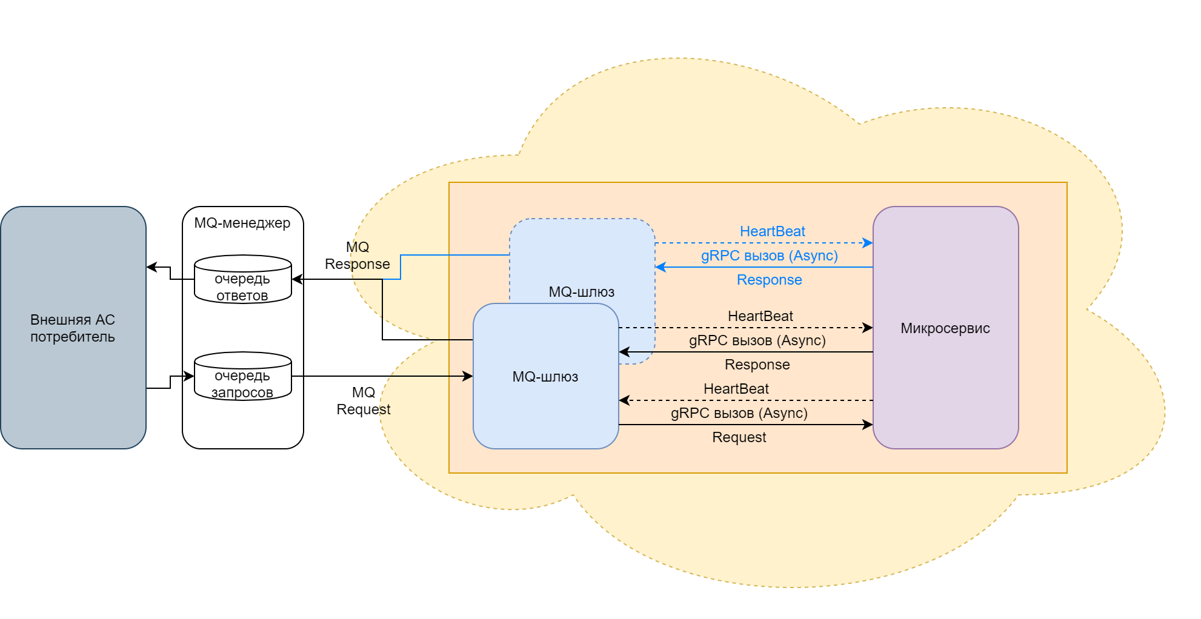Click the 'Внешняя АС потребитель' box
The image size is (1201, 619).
tap(73, 328)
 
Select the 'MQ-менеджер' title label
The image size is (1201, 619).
tap(242, 223)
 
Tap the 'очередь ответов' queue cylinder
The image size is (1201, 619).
tap(242, 280)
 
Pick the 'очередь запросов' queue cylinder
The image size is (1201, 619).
tap(242, 377)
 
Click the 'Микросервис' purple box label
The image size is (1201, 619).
tap(945, 328)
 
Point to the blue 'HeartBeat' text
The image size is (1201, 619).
tap(772, 231)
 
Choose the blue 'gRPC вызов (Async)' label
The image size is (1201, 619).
tap(769, 256)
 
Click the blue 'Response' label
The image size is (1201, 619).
tap(769, 280)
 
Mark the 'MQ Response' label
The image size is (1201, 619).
tap(358, 256)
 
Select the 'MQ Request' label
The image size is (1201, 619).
tap(364, 401)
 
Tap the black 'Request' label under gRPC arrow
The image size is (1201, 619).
tap(739, 437)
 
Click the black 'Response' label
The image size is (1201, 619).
tap(757, 365)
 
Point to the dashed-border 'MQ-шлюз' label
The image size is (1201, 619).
tap(581, 292)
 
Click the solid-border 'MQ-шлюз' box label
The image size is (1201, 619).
tap(545, 377)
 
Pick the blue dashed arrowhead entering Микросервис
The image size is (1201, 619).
tap(868, 243)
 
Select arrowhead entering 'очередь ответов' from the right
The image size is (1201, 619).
tap(297, 279)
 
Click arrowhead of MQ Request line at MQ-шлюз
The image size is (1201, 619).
tap(468, 376)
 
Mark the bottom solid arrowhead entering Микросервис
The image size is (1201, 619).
tap(868, 425)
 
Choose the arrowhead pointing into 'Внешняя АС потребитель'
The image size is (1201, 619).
tap(151, 267)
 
